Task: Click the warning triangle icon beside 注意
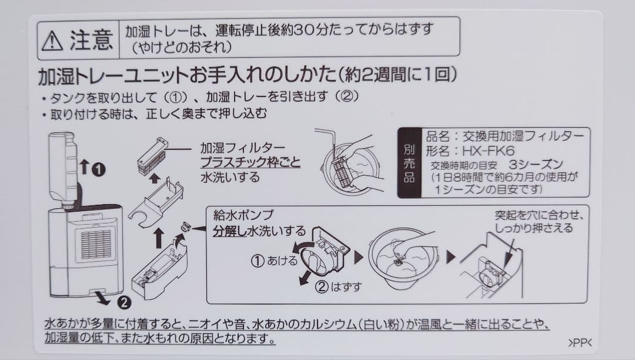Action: pos(53,39)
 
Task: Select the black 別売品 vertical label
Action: pos(409,163)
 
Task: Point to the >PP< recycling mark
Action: pos(580,342)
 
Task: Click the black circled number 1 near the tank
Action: pos(98,170)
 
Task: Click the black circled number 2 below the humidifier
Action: pos(124,303)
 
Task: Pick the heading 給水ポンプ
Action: pos(242,215)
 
